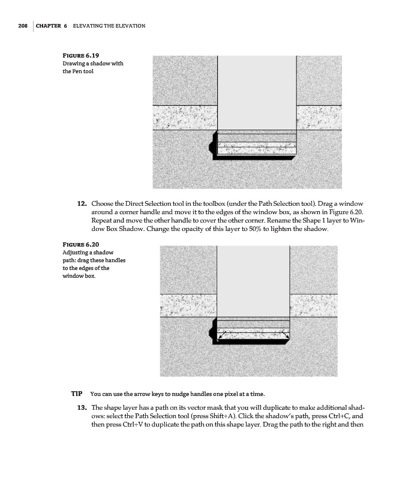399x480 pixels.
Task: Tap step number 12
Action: coord(83,205)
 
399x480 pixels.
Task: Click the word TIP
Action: coord(77,394)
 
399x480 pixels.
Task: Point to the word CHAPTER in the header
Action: coord(51,26)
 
